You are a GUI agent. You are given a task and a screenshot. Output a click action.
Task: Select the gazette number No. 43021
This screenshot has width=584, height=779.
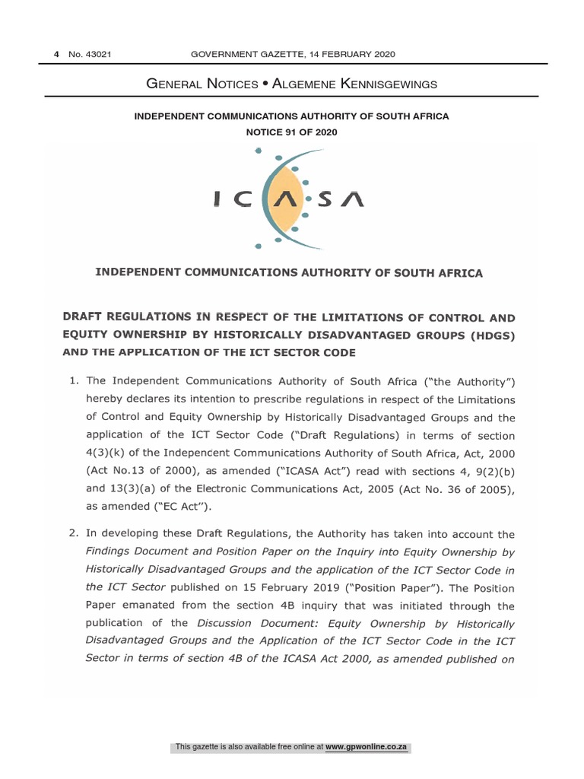point(90,54)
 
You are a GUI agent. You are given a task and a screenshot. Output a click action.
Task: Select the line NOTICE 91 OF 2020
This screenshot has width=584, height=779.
point(291,132)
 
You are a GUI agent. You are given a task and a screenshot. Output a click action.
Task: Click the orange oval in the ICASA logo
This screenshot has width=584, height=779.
point(285,199)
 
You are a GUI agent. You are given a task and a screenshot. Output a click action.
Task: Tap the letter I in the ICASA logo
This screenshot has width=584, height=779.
point(218,199)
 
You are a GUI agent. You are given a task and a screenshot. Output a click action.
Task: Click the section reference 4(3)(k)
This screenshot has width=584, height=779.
point(109,454)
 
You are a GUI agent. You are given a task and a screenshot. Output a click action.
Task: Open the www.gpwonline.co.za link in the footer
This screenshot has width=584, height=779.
point(367,748)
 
